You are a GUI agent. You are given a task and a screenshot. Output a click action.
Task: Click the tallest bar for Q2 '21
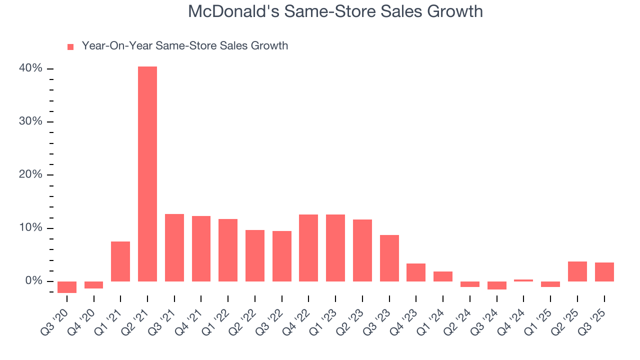[147, 173]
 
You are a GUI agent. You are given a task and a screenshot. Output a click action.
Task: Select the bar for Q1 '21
[120, 261]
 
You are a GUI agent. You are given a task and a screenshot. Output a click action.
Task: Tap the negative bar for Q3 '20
[67, 287]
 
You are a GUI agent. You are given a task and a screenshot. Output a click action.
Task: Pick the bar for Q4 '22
[308, 247]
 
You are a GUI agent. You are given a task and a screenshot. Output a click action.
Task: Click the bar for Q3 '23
[389, 258]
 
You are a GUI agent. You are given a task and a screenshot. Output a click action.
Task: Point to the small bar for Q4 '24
[523, 280]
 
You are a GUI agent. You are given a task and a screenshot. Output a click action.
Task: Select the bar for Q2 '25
[577, 271]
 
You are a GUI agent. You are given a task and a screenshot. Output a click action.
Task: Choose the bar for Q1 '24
[442, 276]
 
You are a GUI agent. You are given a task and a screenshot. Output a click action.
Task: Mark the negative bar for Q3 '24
[496, 285]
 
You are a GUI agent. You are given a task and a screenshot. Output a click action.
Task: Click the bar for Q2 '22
[255, 255]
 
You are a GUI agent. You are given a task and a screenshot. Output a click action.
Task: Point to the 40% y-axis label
[30, 68]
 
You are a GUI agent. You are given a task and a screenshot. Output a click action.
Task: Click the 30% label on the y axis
[30, 122]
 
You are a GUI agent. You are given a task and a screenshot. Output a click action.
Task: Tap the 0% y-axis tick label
[33, 281]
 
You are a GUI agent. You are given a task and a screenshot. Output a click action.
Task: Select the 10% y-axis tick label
[30, 228]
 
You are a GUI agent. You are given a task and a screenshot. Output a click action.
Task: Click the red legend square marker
[70, 47]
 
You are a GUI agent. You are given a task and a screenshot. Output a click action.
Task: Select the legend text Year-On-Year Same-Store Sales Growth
[185, 46]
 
